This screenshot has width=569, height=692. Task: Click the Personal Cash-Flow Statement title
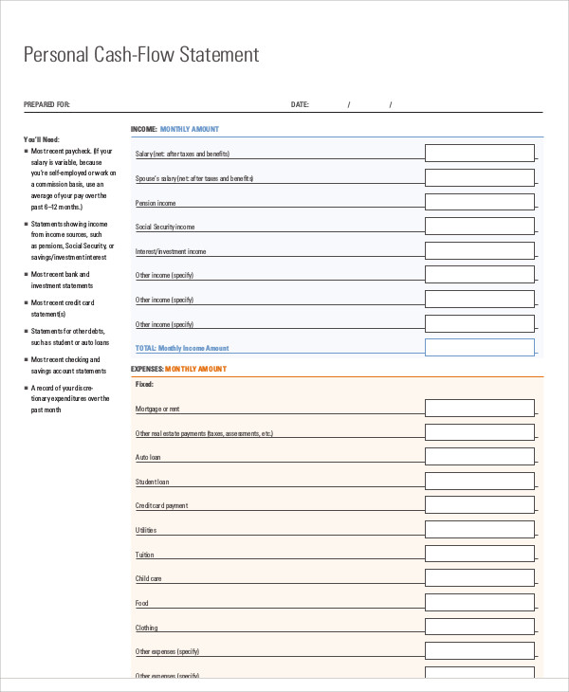(140, 55)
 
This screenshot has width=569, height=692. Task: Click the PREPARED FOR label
(46, 104)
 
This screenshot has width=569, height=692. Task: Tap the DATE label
(300, 104)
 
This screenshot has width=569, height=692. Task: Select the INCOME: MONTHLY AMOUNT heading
(174, 128)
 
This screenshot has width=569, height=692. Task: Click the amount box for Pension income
(479, 202)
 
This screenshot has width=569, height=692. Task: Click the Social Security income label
(165, 227)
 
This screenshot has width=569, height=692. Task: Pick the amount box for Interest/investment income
(479, 250)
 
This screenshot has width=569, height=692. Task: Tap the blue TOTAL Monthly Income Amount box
(479, 347)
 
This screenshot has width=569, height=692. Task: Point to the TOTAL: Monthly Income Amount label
(182, 348)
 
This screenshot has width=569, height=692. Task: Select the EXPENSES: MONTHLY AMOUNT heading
(178, 368)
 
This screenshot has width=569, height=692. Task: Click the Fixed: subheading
(144, 384)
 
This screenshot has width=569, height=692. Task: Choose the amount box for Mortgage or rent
(479, 408)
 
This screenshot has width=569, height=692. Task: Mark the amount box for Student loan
(479, 481)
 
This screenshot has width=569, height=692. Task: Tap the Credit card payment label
(161, 505)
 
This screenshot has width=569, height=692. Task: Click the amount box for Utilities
(479, 529)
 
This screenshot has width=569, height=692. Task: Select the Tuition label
(145, 555)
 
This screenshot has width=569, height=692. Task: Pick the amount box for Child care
(479, 578)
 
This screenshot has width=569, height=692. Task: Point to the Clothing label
(147, 628)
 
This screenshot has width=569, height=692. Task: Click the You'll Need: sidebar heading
(42, 138)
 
